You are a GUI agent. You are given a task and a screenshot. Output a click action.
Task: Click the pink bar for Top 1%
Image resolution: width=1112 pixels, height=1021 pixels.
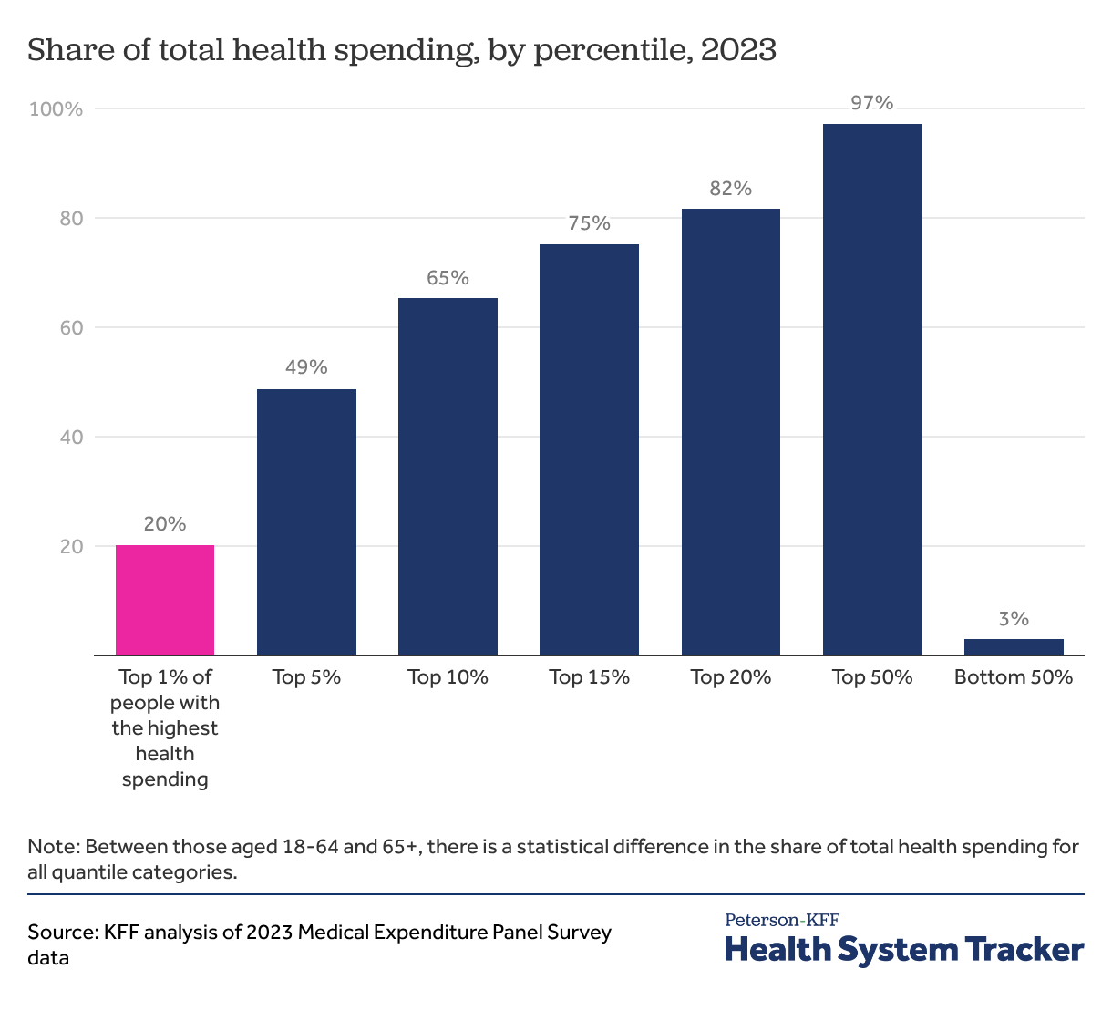pos(165,600)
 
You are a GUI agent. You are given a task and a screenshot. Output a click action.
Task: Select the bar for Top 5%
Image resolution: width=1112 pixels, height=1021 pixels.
pos(306,521)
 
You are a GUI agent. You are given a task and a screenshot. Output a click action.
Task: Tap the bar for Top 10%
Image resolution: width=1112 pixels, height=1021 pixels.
pos(448,476)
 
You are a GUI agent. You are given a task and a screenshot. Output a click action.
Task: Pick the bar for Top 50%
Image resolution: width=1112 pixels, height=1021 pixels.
pos(872,389)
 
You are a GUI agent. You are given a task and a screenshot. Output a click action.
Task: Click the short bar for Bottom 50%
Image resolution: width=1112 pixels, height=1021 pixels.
pos(1014,646)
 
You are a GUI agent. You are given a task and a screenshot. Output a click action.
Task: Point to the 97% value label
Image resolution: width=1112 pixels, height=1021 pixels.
pos(872,103)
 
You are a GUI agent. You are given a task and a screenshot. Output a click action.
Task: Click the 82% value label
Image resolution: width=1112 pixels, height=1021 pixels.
pos(731,189)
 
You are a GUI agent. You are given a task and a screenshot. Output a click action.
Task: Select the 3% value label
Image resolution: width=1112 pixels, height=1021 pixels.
pos(1014,619)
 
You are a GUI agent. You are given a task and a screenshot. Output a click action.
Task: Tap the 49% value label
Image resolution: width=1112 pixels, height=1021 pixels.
pos(306,367)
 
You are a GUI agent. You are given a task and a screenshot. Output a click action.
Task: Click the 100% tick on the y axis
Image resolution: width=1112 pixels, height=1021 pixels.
pos(57,109)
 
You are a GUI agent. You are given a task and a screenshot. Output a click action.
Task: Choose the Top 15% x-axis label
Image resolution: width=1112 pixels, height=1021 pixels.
pos(589,677)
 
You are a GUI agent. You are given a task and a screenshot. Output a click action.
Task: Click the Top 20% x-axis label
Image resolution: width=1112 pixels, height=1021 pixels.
pos(731,677)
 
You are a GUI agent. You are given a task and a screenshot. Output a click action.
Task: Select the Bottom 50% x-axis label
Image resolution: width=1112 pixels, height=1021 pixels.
pos(1014,677)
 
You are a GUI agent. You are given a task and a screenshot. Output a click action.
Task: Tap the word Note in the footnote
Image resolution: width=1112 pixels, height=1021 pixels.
pos(51,846)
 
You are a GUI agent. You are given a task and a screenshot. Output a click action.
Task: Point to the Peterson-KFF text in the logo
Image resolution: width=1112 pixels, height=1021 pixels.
pos(782,920)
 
